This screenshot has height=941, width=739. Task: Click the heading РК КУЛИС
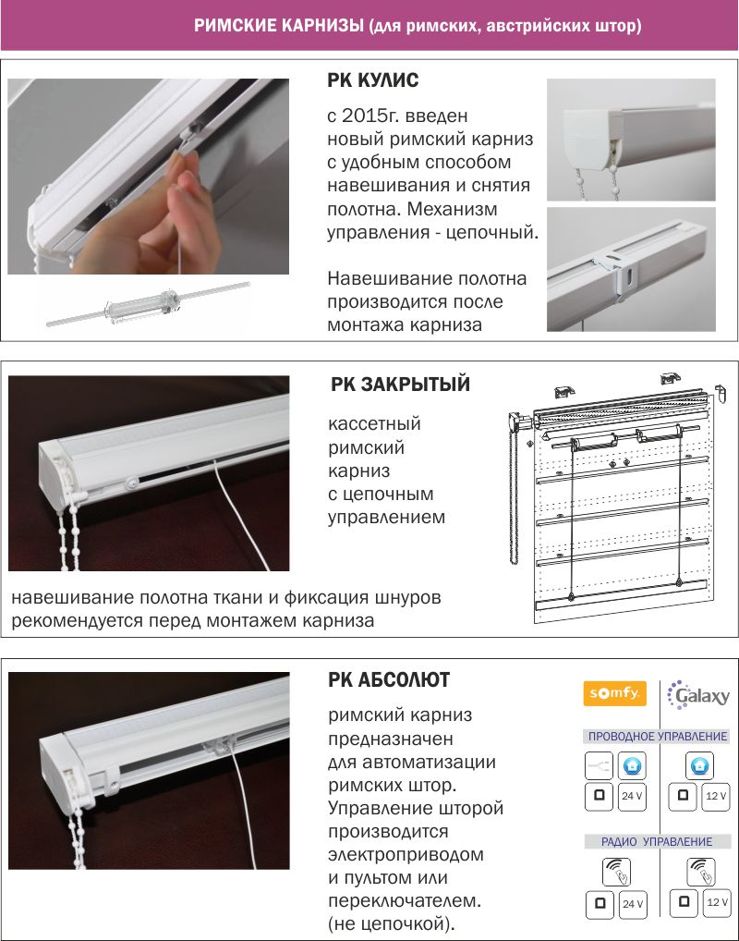click(373, 81)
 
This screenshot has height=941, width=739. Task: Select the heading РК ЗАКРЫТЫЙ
click(400, 385)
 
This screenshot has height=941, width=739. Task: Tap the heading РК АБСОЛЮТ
click(389, 680)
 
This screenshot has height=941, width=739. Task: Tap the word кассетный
click(374, 424)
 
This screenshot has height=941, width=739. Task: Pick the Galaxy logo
click(698, 695)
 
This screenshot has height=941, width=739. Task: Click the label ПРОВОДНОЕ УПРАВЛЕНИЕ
click(656, 736)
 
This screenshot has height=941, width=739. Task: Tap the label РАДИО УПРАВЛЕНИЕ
click(657, 841)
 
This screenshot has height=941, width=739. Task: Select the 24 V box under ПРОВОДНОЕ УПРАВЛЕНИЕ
click(632, 795)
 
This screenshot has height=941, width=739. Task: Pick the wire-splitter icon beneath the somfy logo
click(599, 766)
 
